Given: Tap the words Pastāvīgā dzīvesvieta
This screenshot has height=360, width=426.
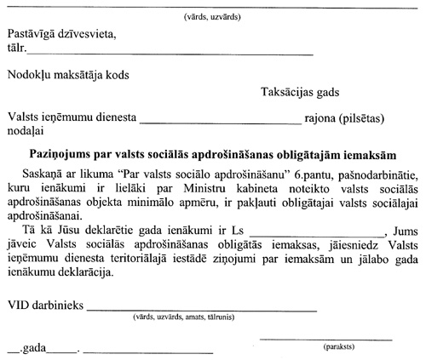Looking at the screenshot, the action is click(x=59, y=35).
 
